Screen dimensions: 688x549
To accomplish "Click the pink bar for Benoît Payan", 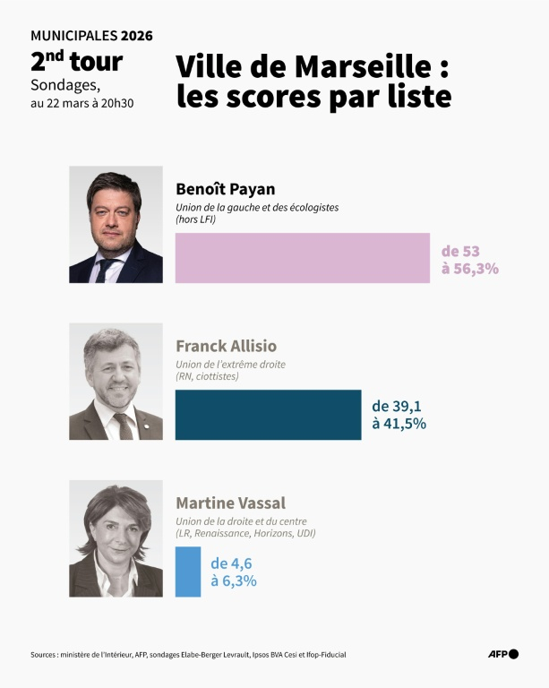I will [303, 258].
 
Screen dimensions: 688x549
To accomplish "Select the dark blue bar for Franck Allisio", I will [268, 415].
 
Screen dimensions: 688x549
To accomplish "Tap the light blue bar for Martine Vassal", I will [188, 572].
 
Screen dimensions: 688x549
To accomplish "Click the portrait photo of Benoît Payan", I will [116, 225].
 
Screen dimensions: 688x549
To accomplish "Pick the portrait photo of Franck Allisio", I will [116, 382].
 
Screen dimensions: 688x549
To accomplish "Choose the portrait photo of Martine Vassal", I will [116, 538].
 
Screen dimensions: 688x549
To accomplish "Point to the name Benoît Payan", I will [225, 189].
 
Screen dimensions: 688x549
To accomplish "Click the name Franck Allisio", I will [226, 346].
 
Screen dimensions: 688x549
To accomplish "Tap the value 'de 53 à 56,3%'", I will [469, 259].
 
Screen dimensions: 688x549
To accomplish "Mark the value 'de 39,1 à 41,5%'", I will [399, 415].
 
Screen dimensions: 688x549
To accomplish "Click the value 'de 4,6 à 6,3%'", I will [234, 572].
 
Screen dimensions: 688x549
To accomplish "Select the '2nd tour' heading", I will [76, 62].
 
